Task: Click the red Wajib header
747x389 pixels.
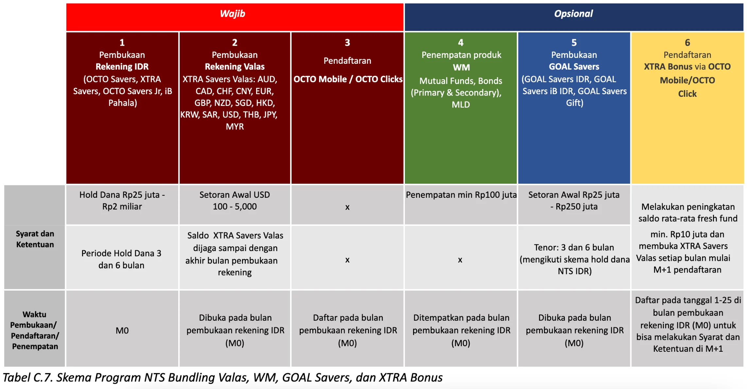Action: coord(233,14)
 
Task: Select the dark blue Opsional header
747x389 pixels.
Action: coord(573,14)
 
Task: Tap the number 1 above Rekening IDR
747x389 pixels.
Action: coord(122,42)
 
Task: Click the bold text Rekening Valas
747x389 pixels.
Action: coord(235,67)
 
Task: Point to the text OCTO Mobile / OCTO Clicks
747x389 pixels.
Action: coord(348,79)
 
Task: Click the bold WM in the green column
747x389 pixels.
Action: coord(461,67)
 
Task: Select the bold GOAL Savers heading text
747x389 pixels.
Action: coord(574,67)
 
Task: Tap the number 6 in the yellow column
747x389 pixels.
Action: coord(687,42)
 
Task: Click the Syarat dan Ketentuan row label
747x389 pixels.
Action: coord(35,239)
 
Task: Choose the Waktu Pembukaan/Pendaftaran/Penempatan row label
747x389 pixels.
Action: coord(35,330)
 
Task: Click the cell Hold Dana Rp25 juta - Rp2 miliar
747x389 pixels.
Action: coord(122,201)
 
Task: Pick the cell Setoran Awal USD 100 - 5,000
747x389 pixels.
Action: coord(235,201)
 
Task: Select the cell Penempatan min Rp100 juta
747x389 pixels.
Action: coord(461,195)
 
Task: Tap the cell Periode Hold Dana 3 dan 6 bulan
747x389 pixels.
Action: coord(121,259)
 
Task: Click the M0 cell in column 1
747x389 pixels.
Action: coord(122,330)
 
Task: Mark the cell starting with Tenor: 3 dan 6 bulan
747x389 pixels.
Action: coord(574,259)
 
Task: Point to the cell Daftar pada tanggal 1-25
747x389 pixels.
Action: coord(688,324)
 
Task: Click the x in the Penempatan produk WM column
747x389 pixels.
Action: coord(460,260)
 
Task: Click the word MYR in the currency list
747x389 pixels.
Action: coord(235,127)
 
